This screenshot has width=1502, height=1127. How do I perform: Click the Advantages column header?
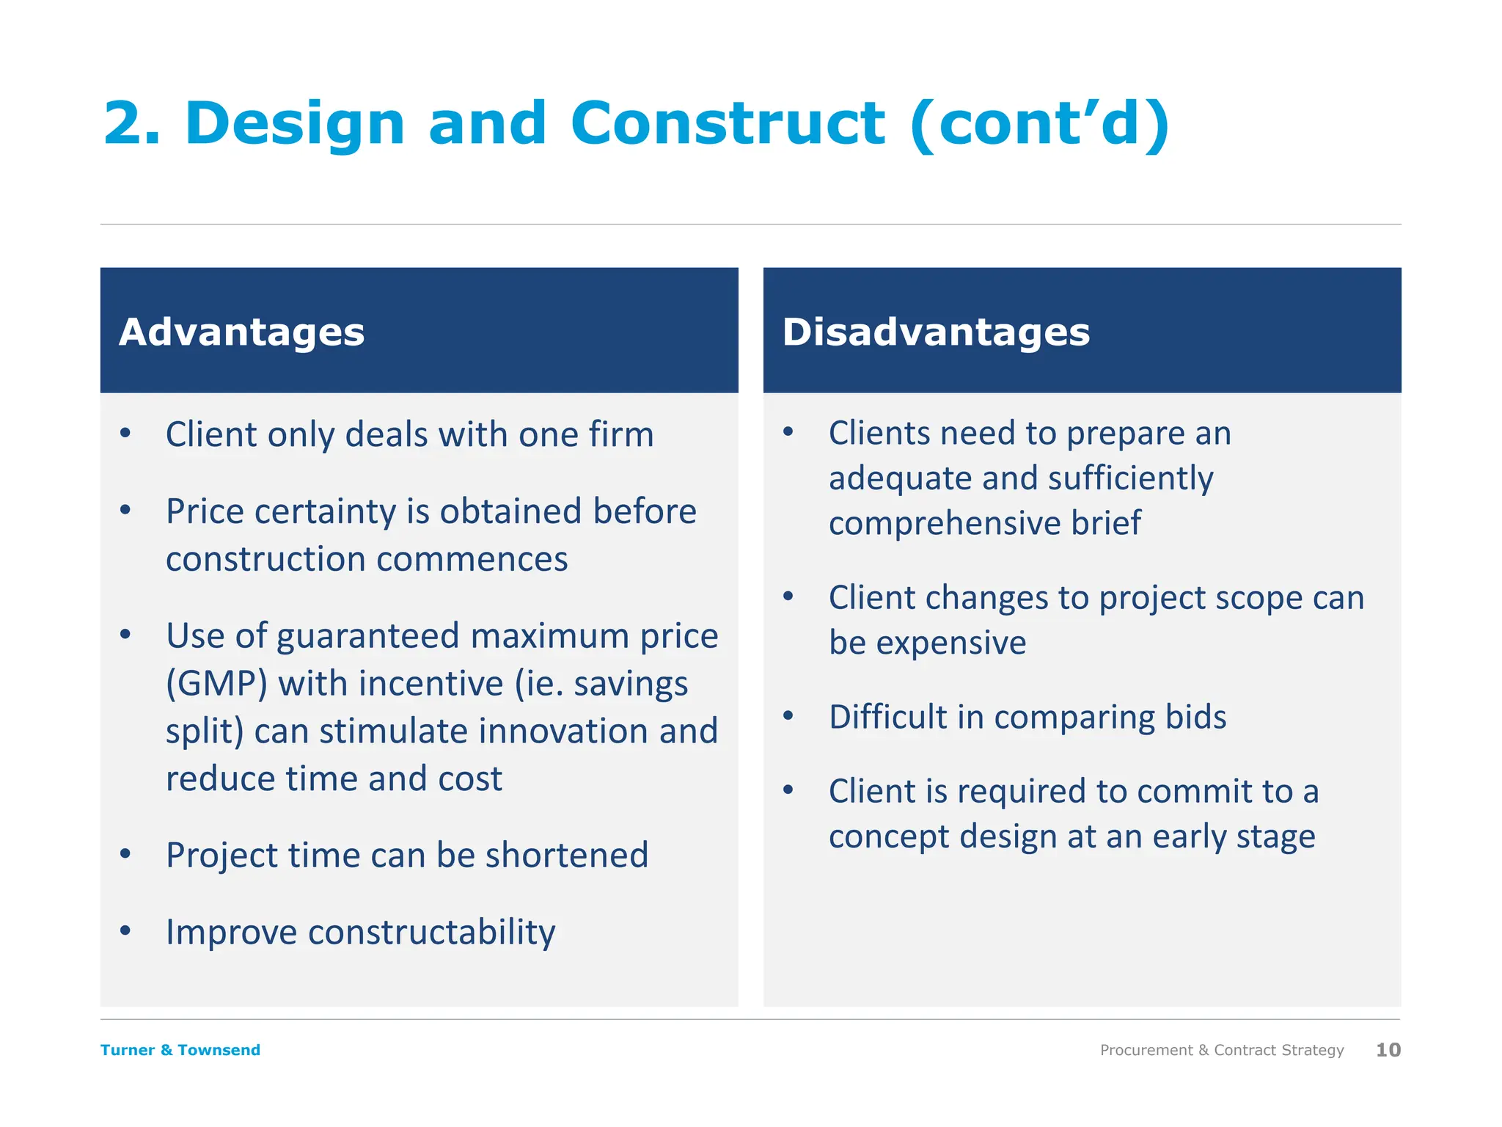pyautogui.click(x=241, y=332)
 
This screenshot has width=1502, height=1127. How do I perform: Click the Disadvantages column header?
pyautogui.click(x=936, y=332)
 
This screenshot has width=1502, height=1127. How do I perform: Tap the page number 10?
pyautogui.click(x=1388, y=1050)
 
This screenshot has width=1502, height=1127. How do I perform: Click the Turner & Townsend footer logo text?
pyautogui.click(x=180, y=1050)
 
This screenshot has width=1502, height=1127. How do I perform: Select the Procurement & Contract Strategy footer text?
pyautogui.click(x=1222, y=1050)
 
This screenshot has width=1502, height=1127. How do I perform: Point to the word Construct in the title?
pyautogui.click(x=728, y=123)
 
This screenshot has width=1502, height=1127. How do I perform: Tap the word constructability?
pyautogui.click(x=432, y=933)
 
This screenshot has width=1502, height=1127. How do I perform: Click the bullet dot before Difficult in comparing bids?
pyautogui.click(x=788, y=715)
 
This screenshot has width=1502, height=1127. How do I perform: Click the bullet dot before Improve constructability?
pyautogui.click(x=125, y=931)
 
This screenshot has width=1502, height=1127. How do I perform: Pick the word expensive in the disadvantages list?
pyautogui.click(x=951, y=643)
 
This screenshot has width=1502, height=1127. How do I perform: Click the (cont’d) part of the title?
pyautogui.click(x=1040, y=123)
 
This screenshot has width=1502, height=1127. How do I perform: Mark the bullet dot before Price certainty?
pyautogui.click(x=125, y=510)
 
